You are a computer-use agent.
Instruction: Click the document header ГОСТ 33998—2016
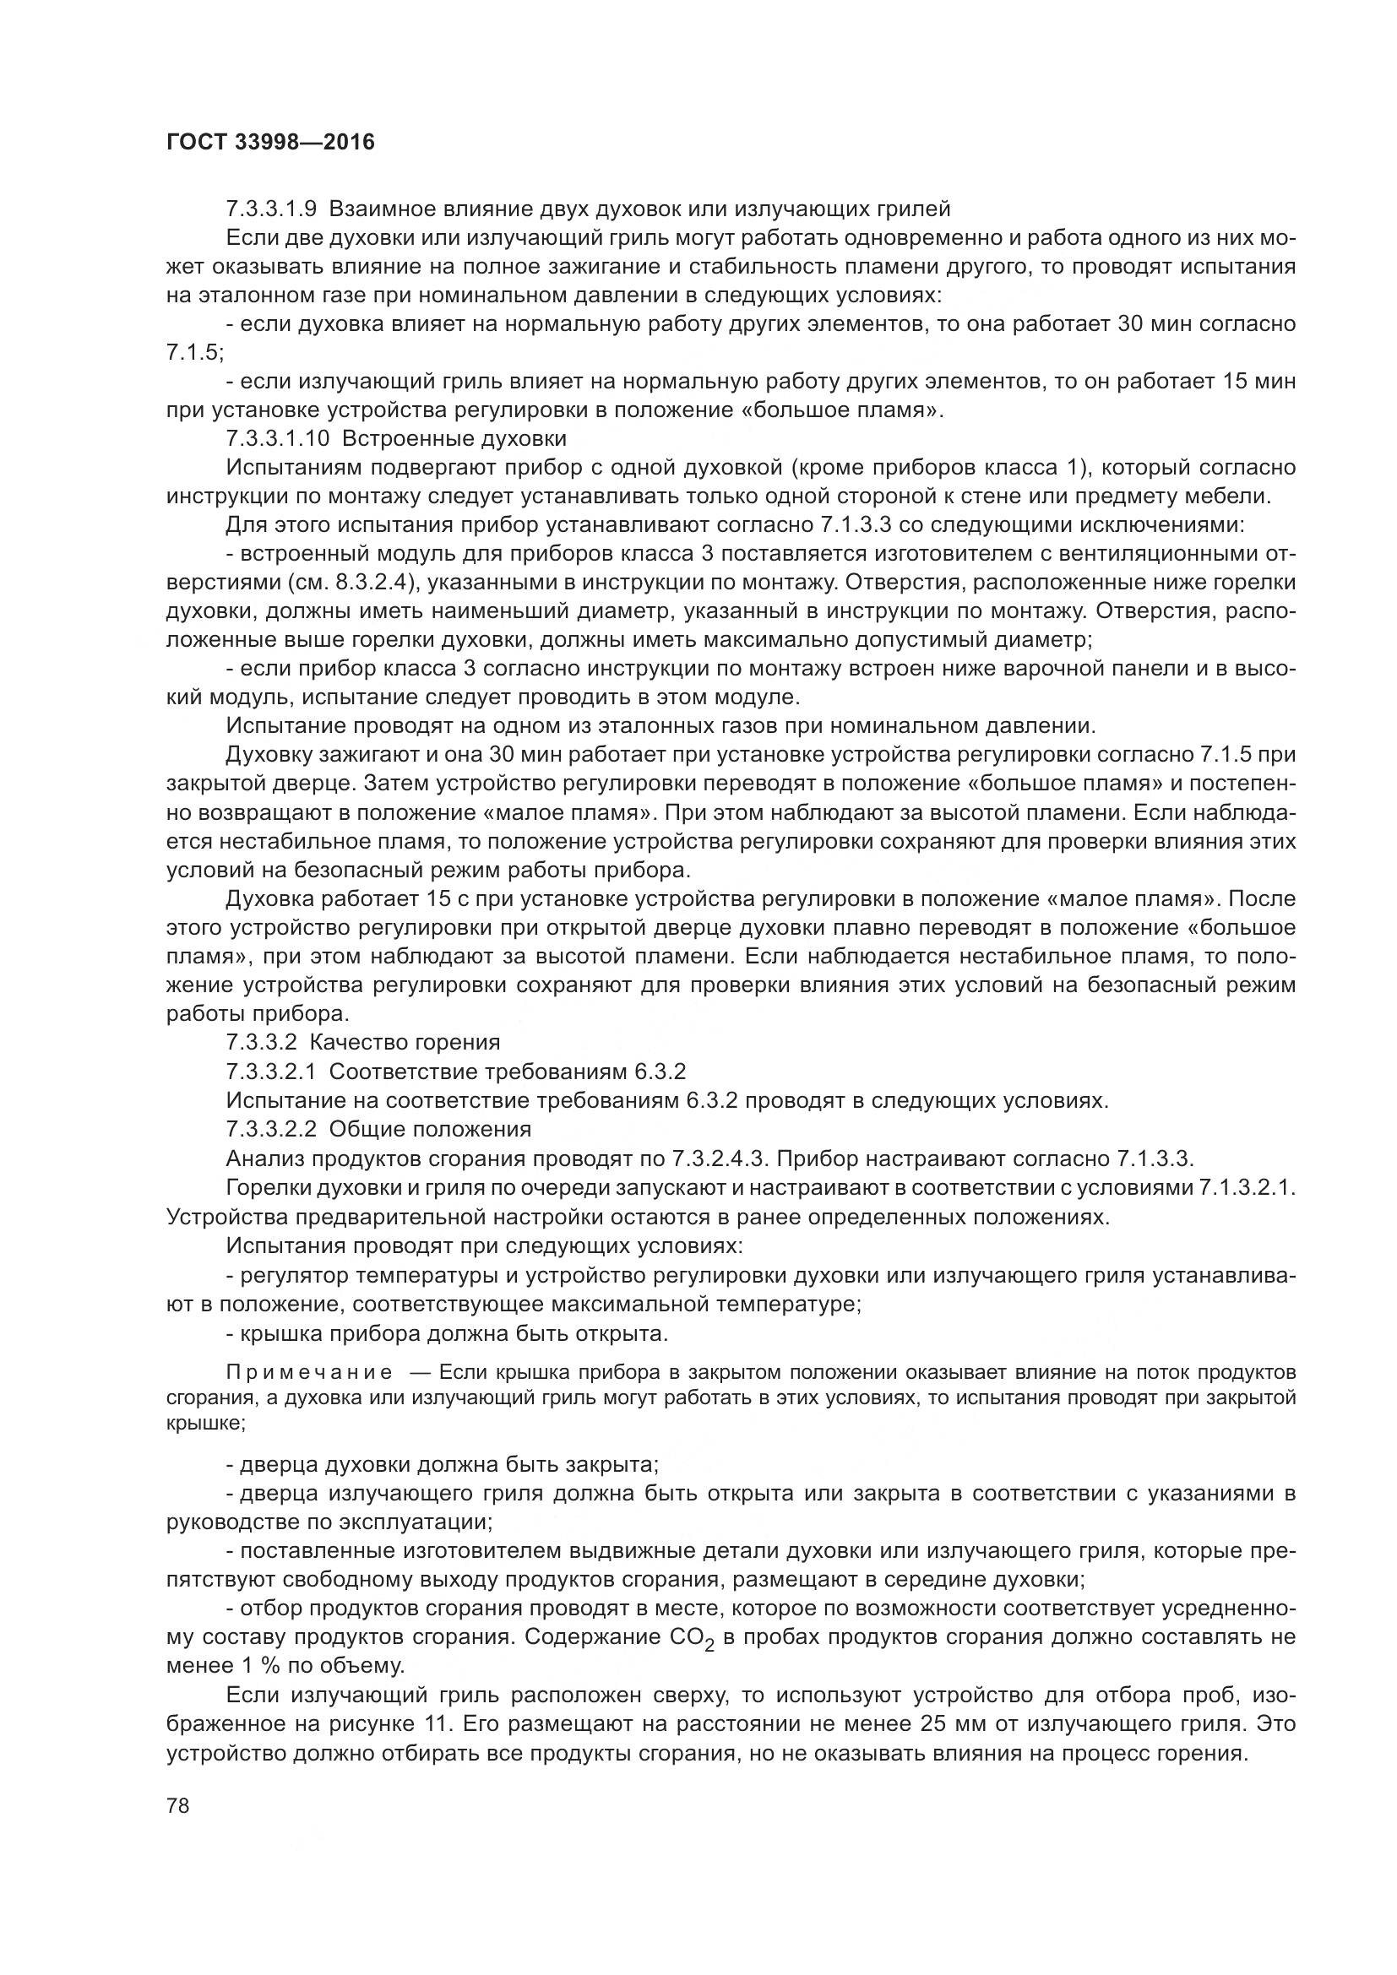[x=270, y=142]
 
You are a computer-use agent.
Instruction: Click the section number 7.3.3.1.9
[x=271, y=209]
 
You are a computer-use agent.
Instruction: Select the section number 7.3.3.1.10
[x=277, y=439]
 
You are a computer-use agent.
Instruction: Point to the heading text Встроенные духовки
[x=454, y=439]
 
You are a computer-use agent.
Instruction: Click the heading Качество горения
[x=405, y=1043]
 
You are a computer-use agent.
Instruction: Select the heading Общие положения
[x=430, y=1129]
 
